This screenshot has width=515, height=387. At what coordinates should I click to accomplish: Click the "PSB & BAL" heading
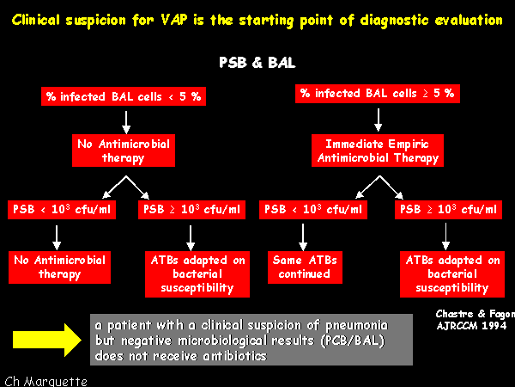point(257,63)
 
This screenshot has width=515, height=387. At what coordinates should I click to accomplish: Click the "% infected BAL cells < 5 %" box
point(124,96)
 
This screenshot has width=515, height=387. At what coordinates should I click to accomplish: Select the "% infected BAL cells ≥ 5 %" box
point(378,94)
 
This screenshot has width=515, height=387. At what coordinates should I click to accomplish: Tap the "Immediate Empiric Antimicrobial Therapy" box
point(378,150)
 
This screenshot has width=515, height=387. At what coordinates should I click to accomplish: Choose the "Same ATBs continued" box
point(305,267)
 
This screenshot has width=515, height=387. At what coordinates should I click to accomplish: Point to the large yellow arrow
point(47,340)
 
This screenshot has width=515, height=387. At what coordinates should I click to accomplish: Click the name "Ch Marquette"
point(46,381)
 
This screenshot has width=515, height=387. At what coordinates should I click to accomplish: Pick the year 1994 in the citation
point(494,326)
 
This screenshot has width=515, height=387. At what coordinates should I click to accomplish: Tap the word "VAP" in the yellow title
point(173,20)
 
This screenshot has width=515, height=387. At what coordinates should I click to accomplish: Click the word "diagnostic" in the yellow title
point(394,21)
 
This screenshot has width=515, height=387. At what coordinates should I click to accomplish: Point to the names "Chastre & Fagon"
point(476,314)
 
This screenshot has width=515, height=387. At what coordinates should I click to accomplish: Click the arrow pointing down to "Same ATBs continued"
point(303,237)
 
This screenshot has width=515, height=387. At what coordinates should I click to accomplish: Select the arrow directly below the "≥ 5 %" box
point(379,120)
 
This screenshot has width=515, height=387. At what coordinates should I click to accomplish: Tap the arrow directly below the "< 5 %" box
point(126,122)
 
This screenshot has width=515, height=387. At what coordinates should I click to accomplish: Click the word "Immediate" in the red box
point(354,144)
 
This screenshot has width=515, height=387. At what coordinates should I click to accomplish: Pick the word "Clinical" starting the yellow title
point(36,20)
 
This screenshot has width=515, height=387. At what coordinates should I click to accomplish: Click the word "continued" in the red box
point(304,273)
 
